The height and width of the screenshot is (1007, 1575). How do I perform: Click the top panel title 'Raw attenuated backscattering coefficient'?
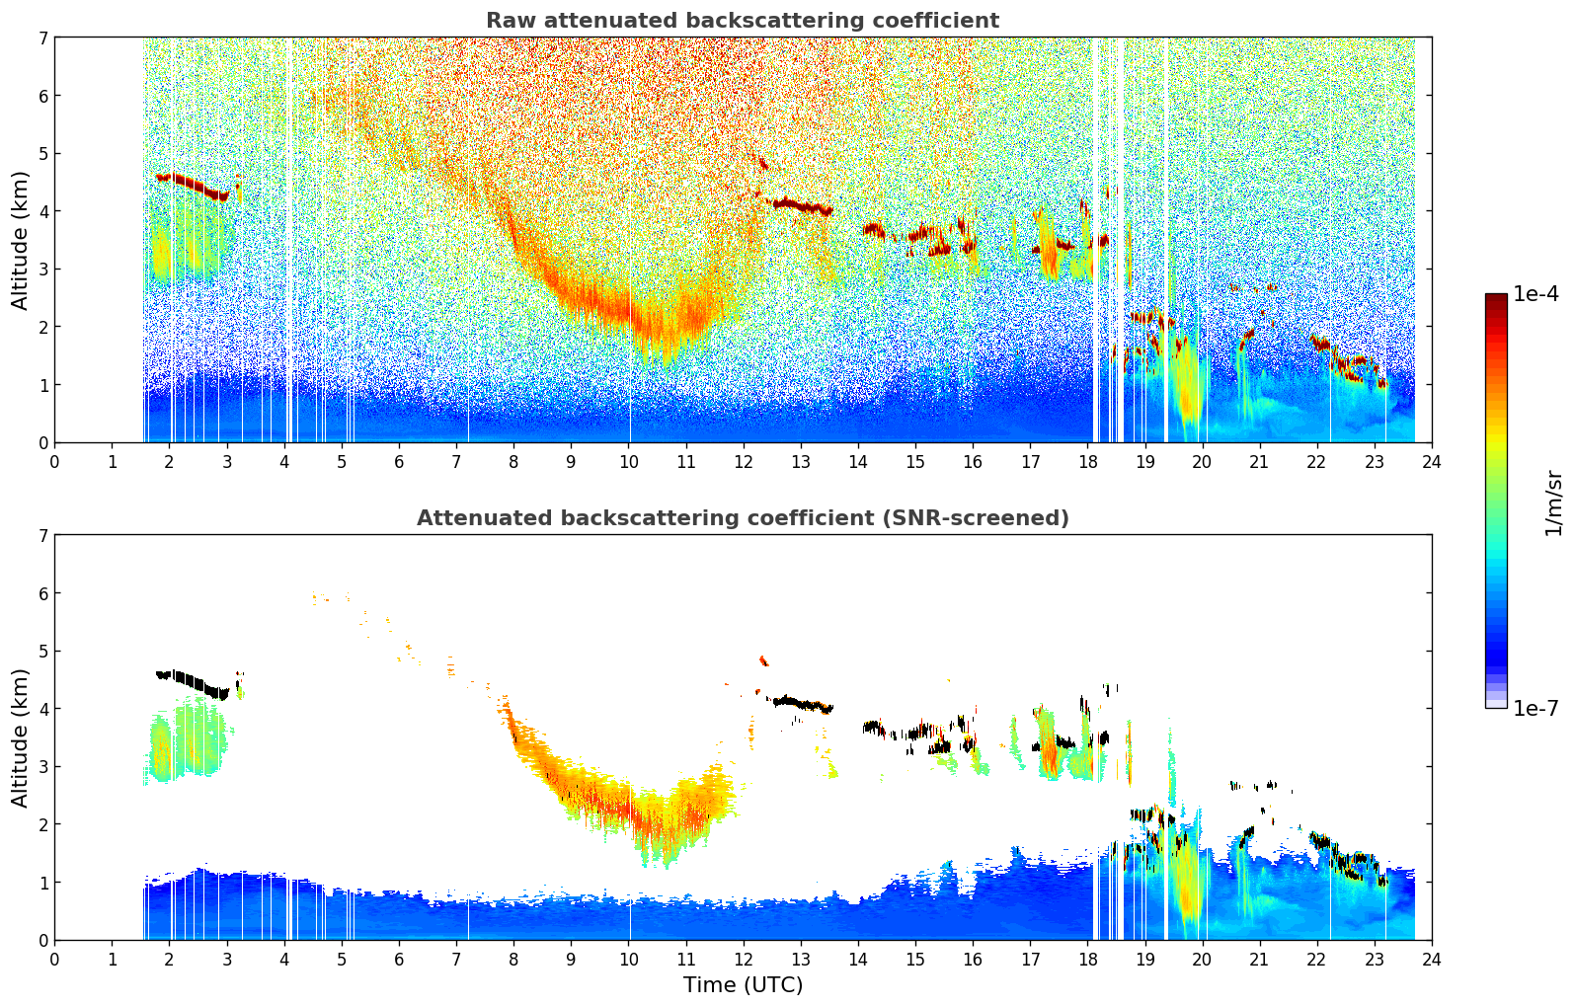tap(742, 21)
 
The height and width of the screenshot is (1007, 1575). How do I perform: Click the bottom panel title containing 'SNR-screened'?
tap(742, 518)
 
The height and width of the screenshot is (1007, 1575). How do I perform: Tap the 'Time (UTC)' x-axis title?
tap(743, 985)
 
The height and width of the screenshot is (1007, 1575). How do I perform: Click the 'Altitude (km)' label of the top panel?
tap(21, 240)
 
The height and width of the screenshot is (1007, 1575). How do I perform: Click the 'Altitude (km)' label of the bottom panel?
tap(21, 737)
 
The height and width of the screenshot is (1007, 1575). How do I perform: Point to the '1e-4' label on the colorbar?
tap(1536, 294)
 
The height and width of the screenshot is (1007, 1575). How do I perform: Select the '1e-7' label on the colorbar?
tap(1536, 708)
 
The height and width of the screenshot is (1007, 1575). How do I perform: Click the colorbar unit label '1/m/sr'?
tap(1553, 502)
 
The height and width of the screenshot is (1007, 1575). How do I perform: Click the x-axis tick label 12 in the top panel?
tap(743, 461)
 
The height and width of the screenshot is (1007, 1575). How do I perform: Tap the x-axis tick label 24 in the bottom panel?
tap(1431, 959)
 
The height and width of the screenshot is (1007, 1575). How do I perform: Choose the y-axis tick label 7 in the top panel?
tap(43, 39)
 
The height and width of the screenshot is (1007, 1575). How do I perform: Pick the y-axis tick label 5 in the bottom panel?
tap(43, 652)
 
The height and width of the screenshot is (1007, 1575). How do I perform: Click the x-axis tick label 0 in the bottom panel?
tap(55, 959)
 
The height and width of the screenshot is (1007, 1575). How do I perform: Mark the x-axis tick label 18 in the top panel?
tap(1087, 461)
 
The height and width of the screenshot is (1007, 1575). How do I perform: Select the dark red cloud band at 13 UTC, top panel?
tap(802, 206)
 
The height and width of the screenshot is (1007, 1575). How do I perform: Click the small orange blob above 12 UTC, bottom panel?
tap(762, 660)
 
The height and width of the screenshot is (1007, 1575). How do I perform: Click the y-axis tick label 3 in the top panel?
tap(43, 270)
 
